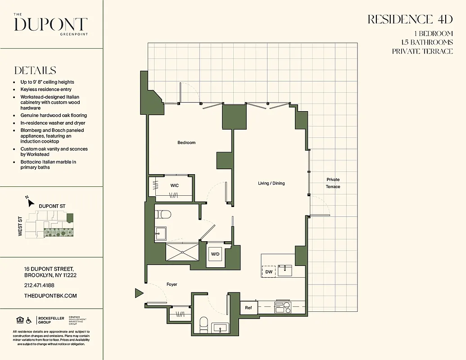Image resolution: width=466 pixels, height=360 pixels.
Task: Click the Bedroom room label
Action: point(186,143)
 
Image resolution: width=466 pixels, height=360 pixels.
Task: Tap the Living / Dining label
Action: point(271,183)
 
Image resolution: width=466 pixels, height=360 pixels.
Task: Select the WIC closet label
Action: point(174,185)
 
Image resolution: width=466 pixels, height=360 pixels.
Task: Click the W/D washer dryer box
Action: point(215,254)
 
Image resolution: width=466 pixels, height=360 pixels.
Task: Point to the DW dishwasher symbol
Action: point(268,271)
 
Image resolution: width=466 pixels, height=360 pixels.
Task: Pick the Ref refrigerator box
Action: point(248,308)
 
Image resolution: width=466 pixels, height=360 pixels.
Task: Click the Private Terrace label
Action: point(333,183)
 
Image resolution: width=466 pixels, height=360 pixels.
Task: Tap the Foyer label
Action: point(172,284)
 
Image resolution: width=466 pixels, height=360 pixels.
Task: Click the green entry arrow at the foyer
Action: point(139,293)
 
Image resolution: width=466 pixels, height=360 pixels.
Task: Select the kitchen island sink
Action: point(285,270)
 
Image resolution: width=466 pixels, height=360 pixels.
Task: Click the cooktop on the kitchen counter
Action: point(282,307)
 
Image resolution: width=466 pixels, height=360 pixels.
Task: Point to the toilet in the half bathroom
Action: point(204,323)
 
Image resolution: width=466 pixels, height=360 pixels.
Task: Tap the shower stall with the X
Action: point(182,252)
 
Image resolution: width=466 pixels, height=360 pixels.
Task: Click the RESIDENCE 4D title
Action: point(410,20)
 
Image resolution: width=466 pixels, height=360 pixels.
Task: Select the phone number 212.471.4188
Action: point(39,285)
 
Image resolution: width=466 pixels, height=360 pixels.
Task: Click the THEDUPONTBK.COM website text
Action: point(50,296)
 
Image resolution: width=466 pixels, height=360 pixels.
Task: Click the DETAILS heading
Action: point(35,71)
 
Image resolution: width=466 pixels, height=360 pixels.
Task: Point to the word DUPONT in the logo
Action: point(50,24)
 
